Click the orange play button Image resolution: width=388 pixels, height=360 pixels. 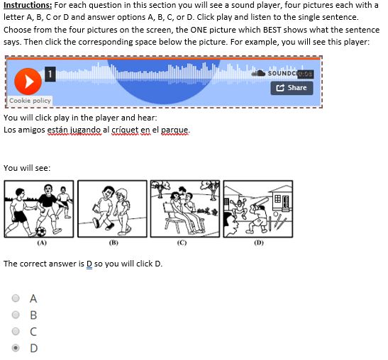pyautogui.click(x=28, y=81)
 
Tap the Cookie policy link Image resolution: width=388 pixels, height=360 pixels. pyautogui.click(x=30, y=101)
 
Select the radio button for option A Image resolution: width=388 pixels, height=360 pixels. pyautogui.click(x=16, y=298)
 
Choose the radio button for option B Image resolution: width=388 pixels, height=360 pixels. pyautogui.click(x=16, y=315)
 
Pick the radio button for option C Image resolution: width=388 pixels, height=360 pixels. pyautogui.click(x=16, y=331)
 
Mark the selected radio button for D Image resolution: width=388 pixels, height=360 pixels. pyautogui.click(x=16, y=348)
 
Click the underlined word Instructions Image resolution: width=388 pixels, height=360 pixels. pyautogui.click(x=28, y=5)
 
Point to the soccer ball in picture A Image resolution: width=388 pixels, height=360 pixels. pyautogui.click(x=41, y=232)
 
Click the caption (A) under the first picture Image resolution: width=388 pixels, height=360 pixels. pyautogui.click(x=42, y=243)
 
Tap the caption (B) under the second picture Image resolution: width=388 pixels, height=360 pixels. pyautogui.click(x=113, y=243)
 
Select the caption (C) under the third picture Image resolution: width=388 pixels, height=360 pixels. pyautogui.click(x=182, y=243)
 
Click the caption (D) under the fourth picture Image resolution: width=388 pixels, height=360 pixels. pyautogui.click(x=259, y=243)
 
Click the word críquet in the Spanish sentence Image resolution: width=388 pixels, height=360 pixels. pyautogui.click(x=125, y=130)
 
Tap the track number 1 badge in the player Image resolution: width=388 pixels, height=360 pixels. pyautogui.click(x=50, y=74)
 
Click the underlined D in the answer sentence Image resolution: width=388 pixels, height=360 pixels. pyautogui.click(x=89, y=264)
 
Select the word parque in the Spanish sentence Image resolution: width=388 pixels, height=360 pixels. pyautogui.click(x=174, y=130)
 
